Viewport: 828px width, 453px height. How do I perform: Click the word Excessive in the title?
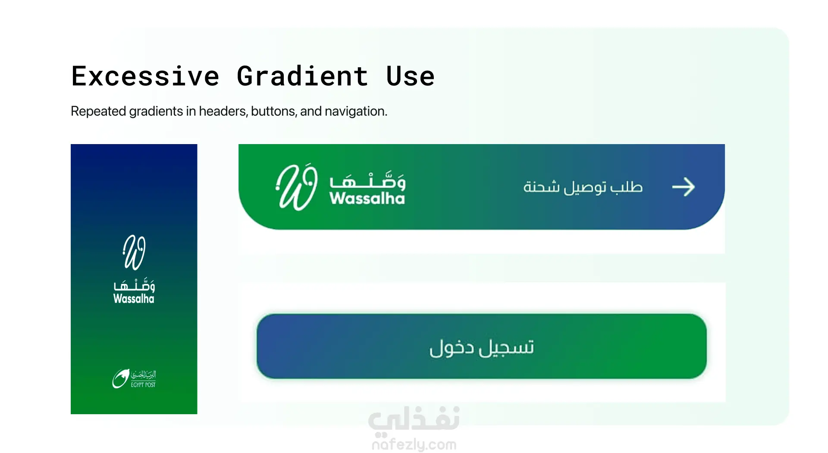146,76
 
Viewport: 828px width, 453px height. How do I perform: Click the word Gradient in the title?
302,76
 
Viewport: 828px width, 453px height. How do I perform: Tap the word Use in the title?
410,76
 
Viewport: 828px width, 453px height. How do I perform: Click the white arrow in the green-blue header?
684,187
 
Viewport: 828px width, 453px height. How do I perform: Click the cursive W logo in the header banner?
297,187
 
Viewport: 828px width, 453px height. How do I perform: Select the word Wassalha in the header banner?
367,198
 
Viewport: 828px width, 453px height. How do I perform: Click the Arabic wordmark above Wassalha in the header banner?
367,180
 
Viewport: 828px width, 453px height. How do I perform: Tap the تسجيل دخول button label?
482,347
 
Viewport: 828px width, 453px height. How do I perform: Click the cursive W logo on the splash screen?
134,252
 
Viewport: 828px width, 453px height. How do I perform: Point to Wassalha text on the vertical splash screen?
134,299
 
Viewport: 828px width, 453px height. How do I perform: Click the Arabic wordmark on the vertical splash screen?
134,284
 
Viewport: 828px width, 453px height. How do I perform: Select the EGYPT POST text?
143,385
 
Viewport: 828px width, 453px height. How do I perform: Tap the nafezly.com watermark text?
414,444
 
